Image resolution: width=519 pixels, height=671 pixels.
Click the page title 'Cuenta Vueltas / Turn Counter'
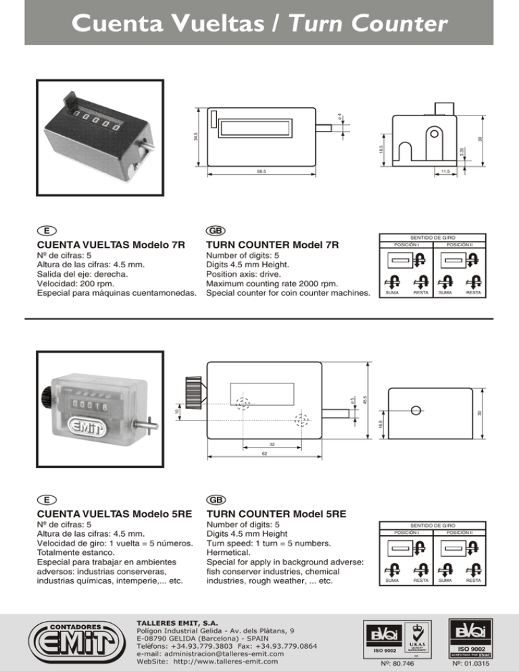click(259, 24)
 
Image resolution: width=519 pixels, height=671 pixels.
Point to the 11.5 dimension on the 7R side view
click(445, 172)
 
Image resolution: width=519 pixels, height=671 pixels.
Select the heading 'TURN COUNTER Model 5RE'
click(276, 514)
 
